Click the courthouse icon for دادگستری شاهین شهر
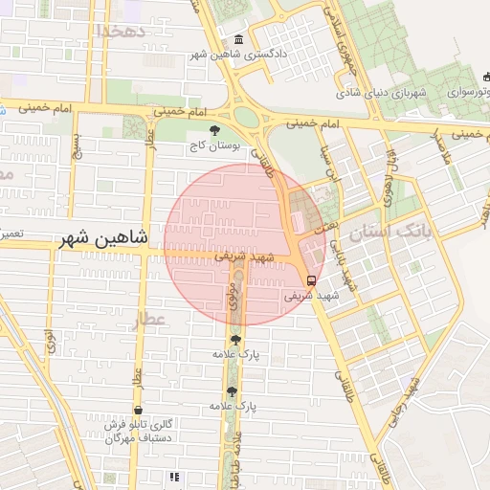click(x=237, y=39)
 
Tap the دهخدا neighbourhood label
click(x=121, y=31)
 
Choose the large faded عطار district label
click(x=150, y=319)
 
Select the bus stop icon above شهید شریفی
click(x=311, y=280)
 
